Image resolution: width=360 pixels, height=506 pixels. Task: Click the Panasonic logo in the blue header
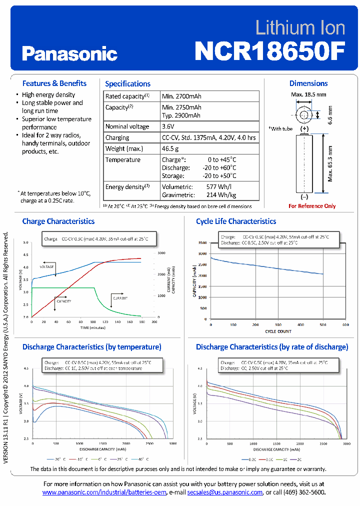(69, 53)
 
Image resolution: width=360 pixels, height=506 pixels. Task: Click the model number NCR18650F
(269, 50)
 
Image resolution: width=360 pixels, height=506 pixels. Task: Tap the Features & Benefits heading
(54, 83)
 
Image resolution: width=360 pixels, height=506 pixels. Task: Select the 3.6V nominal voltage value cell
(169, 126)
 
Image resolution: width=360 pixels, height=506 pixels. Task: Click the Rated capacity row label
(127, 96)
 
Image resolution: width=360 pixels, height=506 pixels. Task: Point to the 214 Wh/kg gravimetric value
(221, 195)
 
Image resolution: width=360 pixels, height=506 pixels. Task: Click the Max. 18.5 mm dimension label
(308, 94)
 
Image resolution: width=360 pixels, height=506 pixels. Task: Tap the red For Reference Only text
(312, 206)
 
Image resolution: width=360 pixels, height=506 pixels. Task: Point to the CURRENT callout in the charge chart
(119, 298)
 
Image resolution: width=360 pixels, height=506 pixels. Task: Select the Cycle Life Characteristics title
(236, 221)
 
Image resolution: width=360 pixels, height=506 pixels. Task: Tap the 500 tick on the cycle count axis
(322, 325)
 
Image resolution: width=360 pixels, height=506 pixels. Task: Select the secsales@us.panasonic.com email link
(224, 492)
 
